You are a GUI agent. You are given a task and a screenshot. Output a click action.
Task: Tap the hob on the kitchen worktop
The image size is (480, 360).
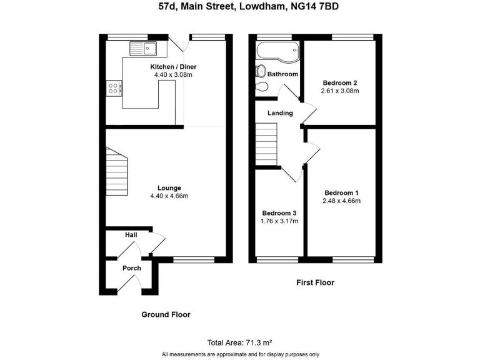pos(114,89)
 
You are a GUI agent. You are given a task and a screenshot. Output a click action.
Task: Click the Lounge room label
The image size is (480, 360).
pos(169,187)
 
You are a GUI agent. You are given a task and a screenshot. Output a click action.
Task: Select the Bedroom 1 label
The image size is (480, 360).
pos(341,192)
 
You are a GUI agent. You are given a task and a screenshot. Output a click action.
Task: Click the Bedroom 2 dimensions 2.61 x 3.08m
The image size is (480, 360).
pos(341,91)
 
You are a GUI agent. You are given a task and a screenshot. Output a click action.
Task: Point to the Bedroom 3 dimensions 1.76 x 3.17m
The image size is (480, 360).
pos(279,221)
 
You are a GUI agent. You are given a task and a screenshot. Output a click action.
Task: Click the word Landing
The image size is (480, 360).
pos(280,113)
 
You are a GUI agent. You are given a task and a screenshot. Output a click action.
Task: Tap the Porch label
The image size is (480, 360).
pos(131,268)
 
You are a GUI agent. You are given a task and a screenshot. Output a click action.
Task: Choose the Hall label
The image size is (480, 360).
pos(131,235)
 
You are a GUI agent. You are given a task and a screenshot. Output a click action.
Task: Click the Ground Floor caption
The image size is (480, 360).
pos(166,314)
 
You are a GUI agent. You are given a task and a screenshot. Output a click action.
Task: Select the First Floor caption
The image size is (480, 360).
pos(315,282)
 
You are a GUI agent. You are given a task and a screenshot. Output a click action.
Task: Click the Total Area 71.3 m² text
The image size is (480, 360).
pos(239,342)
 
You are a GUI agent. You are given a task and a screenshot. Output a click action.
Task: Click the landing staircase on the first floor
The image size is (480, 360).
pos(266,144)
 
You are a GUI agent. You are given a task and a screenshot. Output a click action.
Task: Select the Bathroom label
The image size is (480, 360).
pos(282,74)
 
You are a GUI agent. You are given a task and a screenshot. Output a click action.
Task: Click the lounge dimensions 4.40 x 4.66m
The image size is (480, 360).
pos(169,196)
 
